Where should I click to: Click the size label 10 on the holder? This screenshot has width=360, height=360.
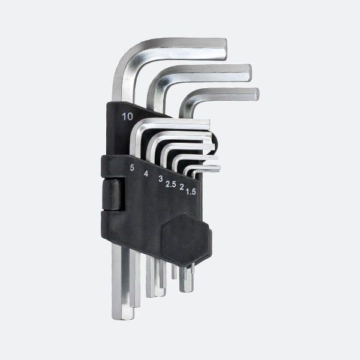(127, 116)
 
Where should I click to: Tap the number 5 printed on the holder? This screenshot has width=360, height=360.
(132, 168)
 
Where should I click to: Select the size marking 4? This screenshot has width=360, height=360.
(146, 173)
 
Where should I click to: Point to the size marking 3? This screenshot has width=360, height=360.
(161, 179)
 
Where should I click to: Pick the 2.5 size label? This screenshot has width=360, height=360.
(171, 184)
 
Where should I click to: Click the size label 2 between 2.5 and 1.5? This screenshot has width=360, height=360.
(182, 187)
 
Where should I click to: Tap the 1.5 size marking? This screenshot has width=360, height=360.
(191, 192)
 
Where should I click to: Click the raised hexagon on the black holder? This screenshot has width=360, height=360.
(186, 240)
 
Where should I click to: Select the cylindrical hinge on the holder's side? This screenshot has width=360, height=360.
(113, 194)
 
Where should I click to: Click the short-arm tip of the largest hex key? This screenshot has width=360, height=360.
(226, 49)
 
